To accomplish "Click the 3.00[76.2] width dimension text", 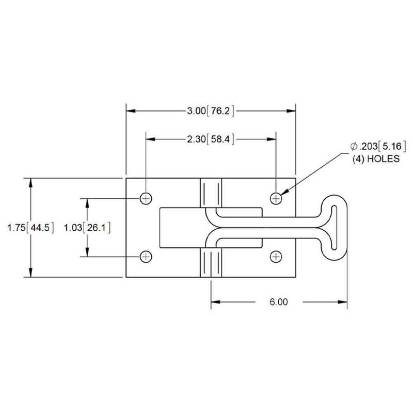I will tap(211, 110).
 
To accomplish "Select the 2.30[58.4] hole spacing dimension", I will tap(211, 139).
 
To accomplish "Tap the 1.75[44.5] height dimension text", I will tap(31, 228).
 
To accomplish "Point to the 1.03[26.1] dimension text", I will tap(87, 227).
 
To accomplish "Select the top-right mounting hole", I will tap(277, 198).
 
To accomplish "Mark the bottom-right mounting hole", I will tap(277, 256).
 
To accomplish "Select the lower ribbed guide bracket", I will tap(211, 263).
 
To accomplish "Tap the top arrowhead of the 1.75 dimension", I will tap(31, 182).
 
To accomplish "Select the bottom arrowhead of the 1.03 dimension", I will tap(87, 252).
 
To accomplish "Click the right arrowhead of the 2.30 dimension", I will tap(272, 139).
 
